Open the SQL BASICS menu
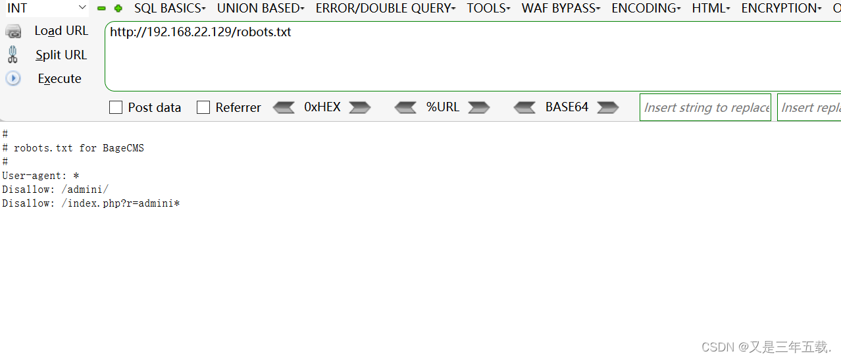coord(169,9)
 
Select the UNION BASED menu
coord(260,9)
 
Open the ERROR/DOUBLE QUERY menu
coord(385,9)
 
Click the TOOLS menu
coord(488,9)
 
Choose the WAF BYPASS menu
coord(560,9)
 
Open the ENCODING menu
coord(646,9)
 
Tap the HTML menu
coord(711,9)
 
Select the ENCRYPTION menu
coord(780,9)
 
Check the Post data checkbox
coord(116,107)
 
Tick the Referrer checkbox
coord(203,107)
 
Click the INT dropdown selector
coord(45,8)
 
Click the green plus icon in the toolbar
coord(118,9)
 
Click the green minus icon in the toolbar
coord(101,9)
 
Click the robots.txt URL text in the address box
coord(200,32)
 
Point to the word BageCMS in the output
coord(123,148)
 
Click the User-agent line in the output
coord(40,176)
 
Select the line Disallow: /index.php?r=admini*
coord(91,203)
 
